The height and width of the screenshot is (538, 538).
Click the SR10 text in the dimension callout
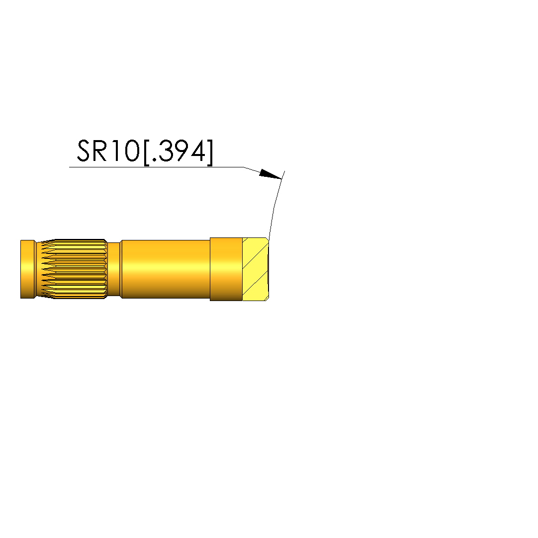[x=108, y=151]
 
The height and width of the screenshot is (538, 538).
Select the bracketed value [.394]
[x=178, y=152]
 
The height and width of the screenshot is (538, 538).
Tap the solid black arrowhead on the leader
[x=270, y=174]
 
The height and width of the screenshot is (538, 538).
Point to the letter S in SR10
[x=84, y=151]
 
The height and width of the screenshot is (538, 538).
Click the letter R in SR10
[x=100, y=151]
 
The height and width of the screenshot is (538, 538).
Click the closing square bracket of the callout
[x=210, y=153]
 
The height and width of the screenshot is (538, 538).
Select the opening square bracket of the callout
[x=146, y=153]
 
